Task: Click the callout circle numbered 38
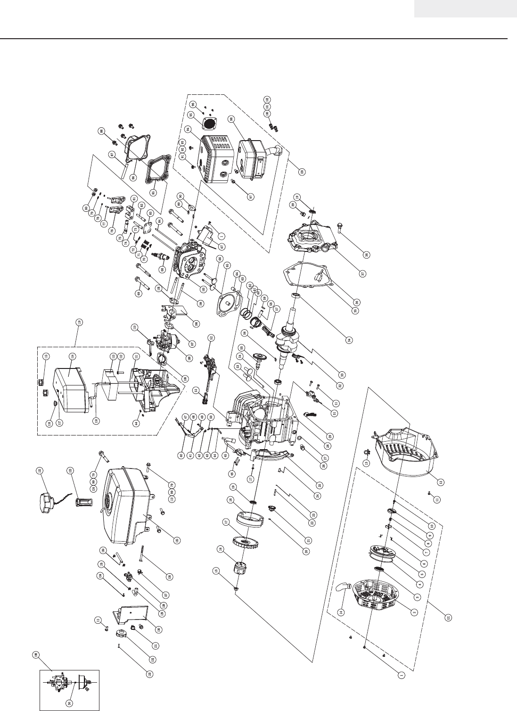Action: (x=367, y=255)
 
